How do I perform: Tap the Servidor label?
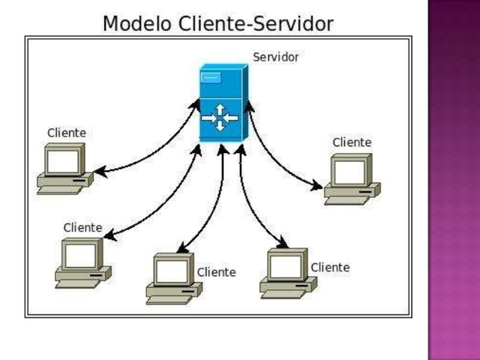275,57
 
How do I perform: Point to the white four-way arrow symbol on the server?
220,118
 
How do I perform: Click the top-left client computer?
64,169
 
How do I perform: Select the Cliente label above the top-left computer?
67,133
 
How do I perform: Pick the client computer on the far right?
352,179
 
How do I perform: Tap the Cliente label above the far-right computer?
352,142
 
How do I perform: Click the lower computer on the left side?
82,262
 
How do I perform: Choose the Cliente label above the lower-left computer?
82,227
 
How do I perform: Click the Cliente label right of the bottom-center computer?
216,272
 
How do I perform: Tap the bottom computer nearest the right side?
287,274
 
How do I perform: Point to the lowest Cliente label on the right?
330,267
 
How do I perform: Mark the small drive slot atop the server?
211,76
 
